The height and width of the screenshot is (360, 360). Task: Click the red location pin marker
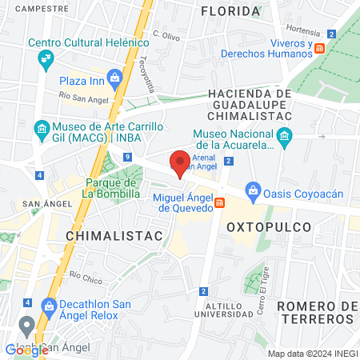point(180,162)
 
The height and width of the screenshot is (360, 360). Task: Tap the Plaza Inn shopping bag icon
point(115,78)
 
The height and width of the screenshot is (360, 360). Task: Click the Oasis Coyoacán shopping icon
point(252,190)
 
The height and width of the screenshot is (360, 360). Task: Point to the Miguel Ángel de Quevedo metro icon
point(218,203)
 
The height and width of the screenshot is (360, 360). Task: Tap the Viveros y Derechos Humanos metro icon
point(320,48)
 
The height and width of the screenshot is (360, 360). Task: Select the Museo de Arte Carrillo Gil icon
point(41,128)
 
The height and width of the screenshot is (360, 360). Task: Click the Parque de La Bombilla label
point(113,188)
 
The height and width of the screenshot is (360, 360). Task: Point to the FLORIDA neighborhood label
point(230,11)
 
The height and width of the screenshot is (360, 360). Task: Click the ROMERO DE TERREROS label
point(316,312)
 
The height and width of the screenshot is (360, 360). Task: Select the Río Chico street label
point(86,278)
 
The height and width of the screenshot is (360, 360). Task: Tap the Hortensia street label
point(302,32)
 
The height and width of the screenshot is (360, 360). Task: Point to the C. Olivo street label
point(166,37)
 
